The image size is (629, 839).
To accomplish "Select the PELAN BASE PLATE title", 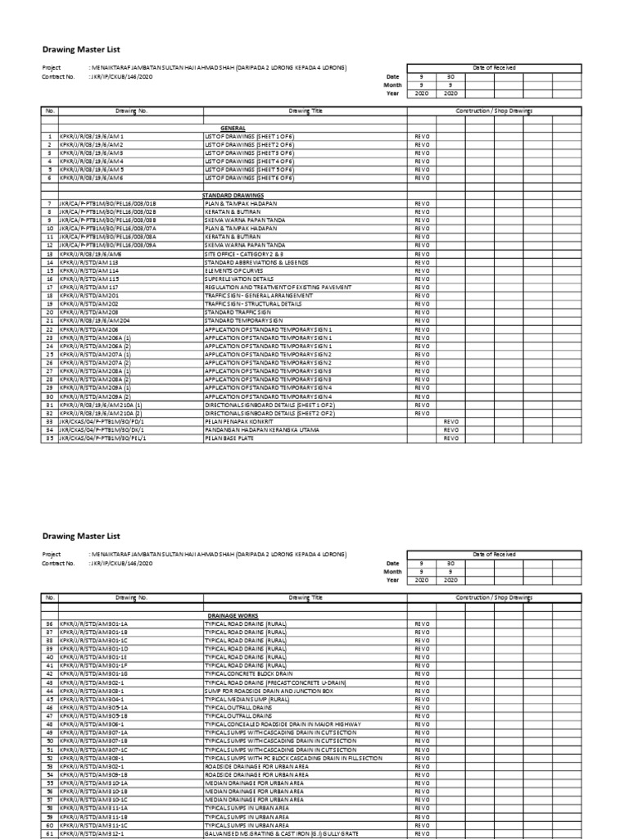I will tap(229, 438).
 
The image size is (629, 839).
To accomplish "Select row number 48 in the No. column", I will tap(49, 723).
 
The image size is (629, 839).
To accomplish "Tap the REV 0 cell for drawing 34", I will tap(451, 431).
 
